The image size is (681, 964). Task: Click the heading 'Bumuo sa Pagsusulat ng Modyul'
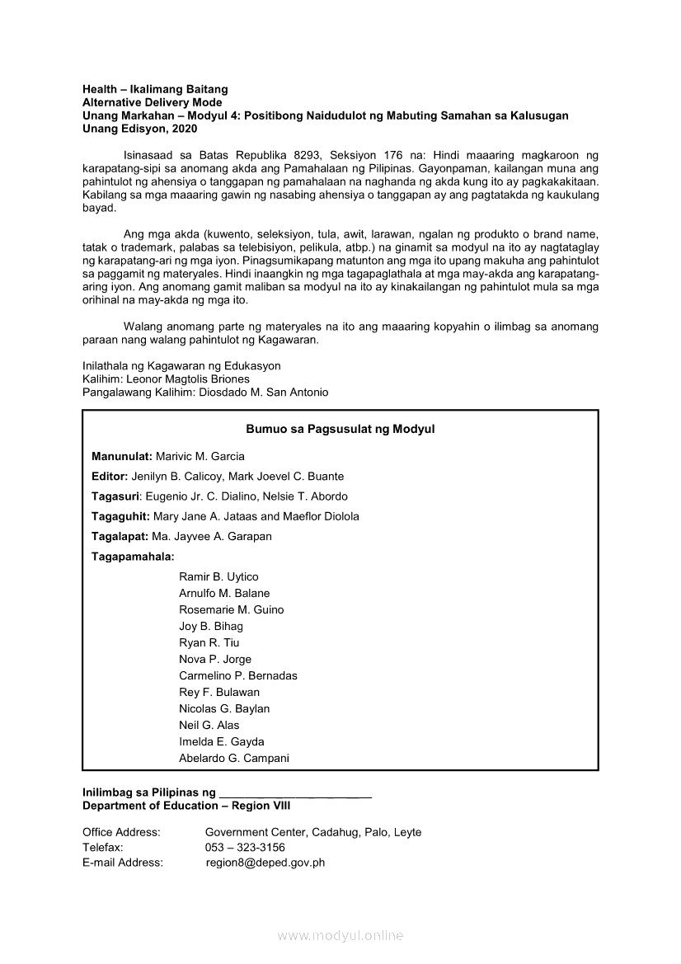pyautogui.click(x=340, y=430)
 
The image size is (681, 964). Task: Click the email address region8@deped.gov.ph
pyautogui.click(x=265, y=863)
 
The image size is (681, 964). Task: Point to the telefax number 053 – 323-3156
pyautogui.click(x=245, y=848)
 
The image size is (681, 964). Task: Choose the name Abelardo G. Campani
pyautogui.click(x=234, y=759)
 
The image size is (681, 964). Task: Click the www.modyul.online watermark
pyautogui.click(x=340, y=936)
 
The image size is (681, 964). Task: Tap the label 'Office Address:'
pyautogui.click(x=121, y=833)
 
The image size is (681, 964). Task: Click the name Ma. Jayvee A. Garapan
pyautogui.click(x=211, y=537)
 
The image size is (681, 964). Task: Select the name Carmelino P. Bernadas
pyautogui.click(x=238, y=676)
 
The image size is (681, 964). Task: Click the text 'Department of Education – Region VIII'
pyautogui.click(x=186, y=806)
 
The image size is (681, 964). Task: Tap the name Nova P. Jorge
pyautogui.click(x=215, y=660)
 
